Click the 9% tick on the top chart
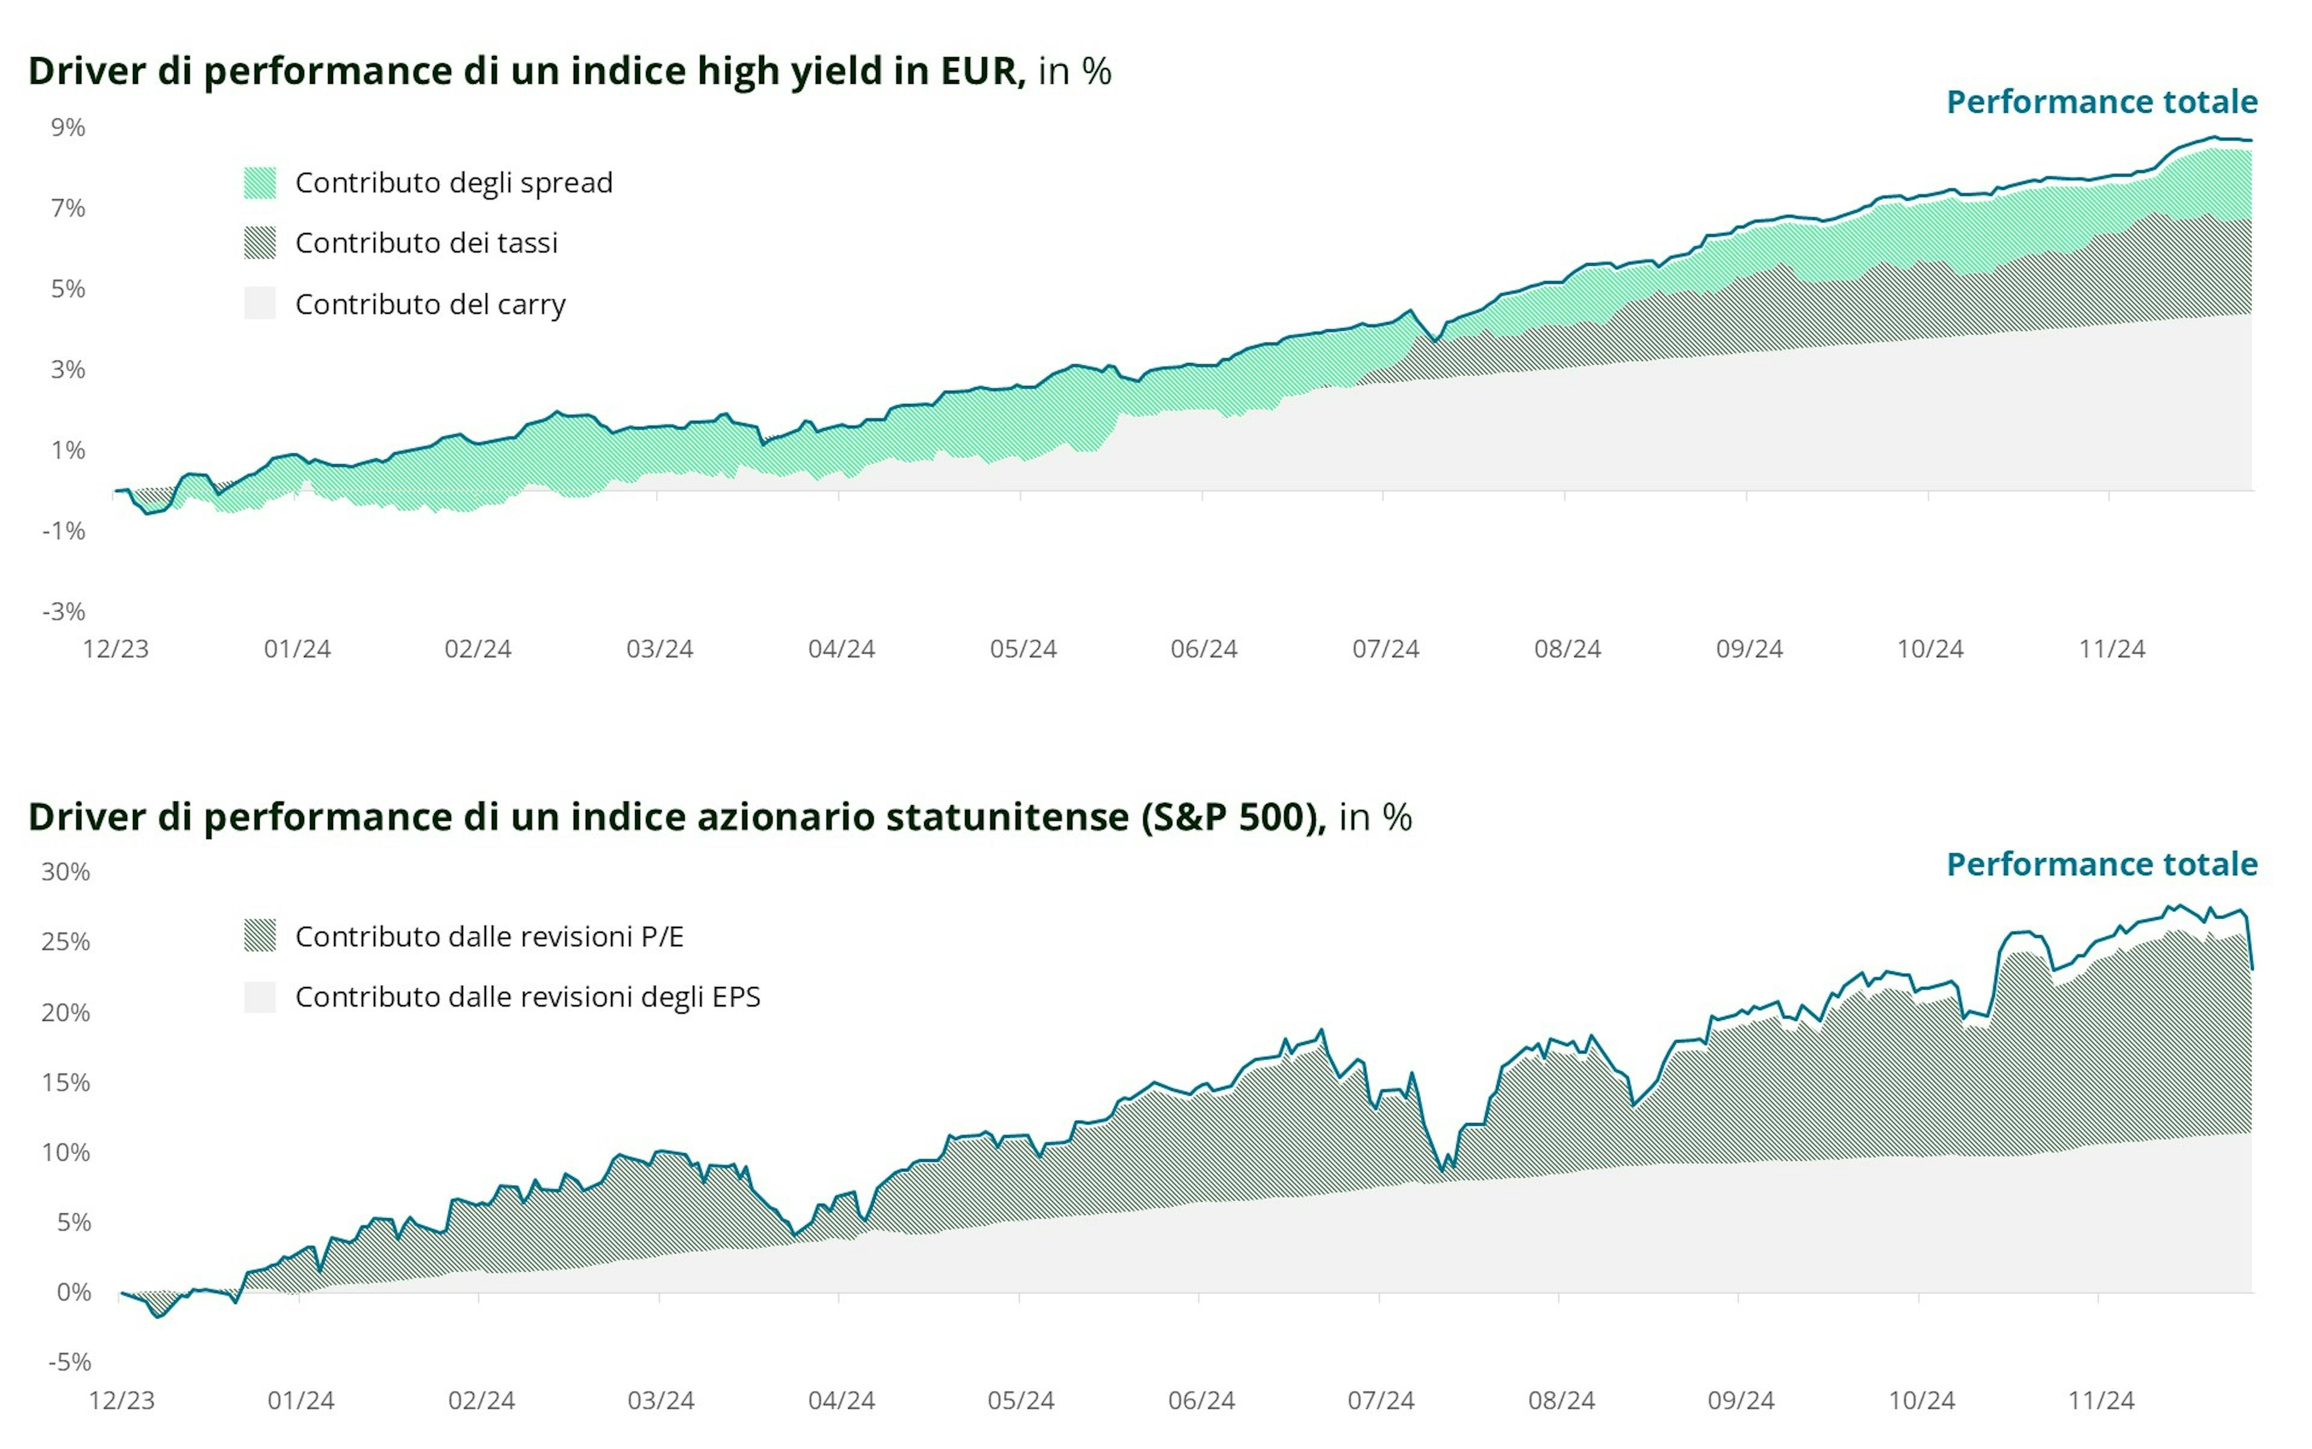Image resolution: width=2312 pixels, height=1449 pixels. click(68, 128)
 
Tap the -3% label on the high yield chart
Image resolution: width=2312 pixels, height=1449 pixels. click(64, 611)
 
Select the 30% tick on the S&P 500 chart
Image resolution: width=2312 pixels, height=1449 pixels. click(65, 872)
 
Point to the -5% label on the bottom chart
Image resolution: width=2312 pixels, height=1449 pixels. click(69, 1362)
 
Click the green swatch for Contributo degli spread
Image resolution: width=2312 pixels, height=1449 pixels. click(259, 183)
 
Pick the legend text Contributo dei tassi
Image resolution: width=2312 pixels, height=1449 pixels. click(426, 243)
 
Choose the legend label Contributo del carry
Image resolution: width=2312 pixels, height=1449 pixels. click(430, 305)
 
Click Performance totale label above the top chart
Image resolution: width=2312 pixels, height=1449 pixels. click(2101, 102)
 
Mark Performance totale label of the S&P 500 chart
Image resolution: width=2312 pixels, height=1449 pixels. click(2101, 864)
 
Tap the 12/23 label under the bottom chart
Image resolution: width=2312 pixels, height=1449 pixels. click(122, 1401)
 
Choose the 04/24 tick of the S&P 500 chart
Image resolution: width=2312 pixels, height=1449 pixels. click(841, 1401)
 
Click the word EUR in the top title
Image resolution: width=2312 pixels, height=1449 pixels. click(982, 71)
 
